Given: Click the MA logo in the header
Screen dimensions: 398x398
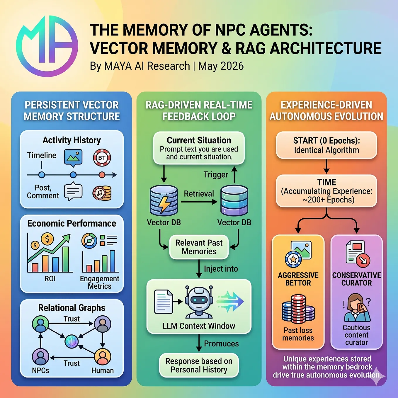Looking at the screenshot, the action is (x=47, y=46).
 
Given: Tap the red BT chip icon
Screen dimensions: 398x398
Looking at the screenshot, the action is (x=102, y=158).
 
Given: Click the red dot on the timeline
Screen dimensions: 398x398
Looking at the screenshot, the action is (x=102, y=175).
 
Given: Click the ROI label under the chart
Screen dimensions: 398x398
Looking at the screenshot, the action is (x=50, y=279).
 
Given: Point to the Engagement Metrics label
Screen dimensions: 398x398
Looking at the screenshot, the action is (x=100, y=282).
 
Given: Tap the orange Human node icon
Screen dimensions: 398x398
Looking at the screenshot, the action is (x=103, y=357).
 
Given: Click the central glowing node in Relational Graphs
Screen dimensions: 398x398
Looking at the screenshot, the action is (x=72, y=341).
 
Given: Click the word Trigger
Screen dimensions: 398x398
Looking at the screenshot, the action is (x=216, y=174).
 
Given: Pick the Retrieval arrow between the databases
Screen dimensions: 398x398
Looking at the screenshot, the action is (x=199, y=202).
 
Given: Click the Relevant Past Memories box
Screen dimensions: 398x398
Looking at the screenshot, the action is (x=199, y=247).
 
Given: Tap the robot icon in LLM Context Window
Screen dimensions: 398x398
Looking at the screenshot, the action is (x=199, y=302).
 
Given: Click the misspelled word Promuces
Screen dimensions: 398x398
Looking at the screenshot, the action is (x=221, y=343).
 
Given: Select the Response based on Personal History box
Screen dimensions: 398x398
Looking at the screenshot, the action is (x=199, y=365).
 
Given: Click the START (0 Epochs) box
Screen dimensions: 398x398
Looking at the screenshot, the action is (x=326, y=145).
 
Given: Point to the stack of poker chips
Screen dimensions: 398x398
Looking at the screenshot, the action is (x=298, y=309).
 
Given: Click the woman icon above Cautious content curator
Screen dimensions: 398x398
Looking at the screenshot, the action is (x=357, y=308).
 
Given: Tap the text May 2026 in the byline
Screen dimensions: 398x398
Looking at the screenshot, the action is (x=221, y=66).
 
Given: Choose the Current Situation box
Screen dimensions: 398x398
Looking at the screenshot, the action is (x=199, y=148).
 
